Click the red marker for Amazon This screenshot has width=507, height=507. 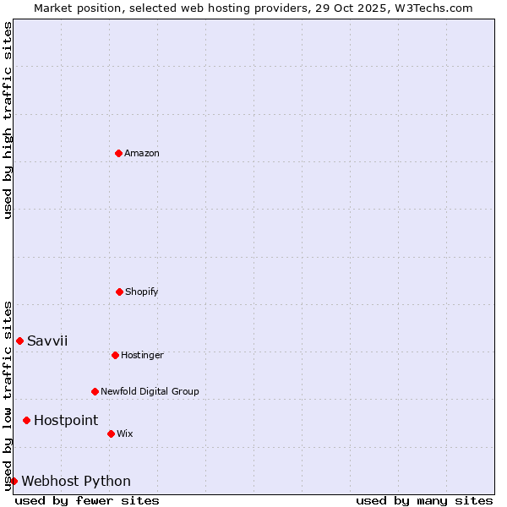click(118, 153)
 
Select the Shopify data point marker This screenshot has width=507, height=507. click(119, 292)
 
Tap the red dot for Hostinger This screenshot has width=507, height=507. click(115, 355)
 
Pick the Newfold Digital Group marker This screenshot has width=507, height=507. click(95, 391)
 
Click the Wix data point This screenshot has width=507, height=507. click(111, 433)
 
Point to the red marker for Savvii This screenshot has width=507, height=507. click(19, 341)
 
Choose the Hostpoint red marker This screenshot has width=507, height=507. click(26, 420)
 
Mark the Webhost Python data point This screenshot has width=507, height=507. click(14, 481)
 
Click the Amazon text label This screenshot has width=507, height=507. click(142, 153)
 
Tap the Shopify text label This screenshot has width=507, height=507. click(142, 292)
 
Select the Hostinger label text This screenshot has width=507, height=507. click(142, 355)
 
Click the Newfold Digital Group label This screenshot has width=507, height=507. click(150, 391)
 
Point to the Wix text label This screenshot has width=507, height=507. click(125, 433)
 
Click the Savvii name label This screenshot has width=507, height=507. click(47, 341)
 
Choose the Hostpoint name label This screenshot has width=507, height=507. click(66, 420)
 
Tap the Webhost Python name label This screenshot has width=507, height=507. click(76, 481)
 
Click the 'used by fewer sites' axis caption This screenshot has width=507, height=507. click(87, 500)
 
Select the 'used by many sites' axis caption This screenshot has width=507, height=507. click(424, 500)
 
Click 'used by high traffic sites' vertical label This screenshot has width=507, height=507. click(8, 120)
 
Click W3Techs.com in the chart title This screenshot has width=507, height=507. click(430, 8)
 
